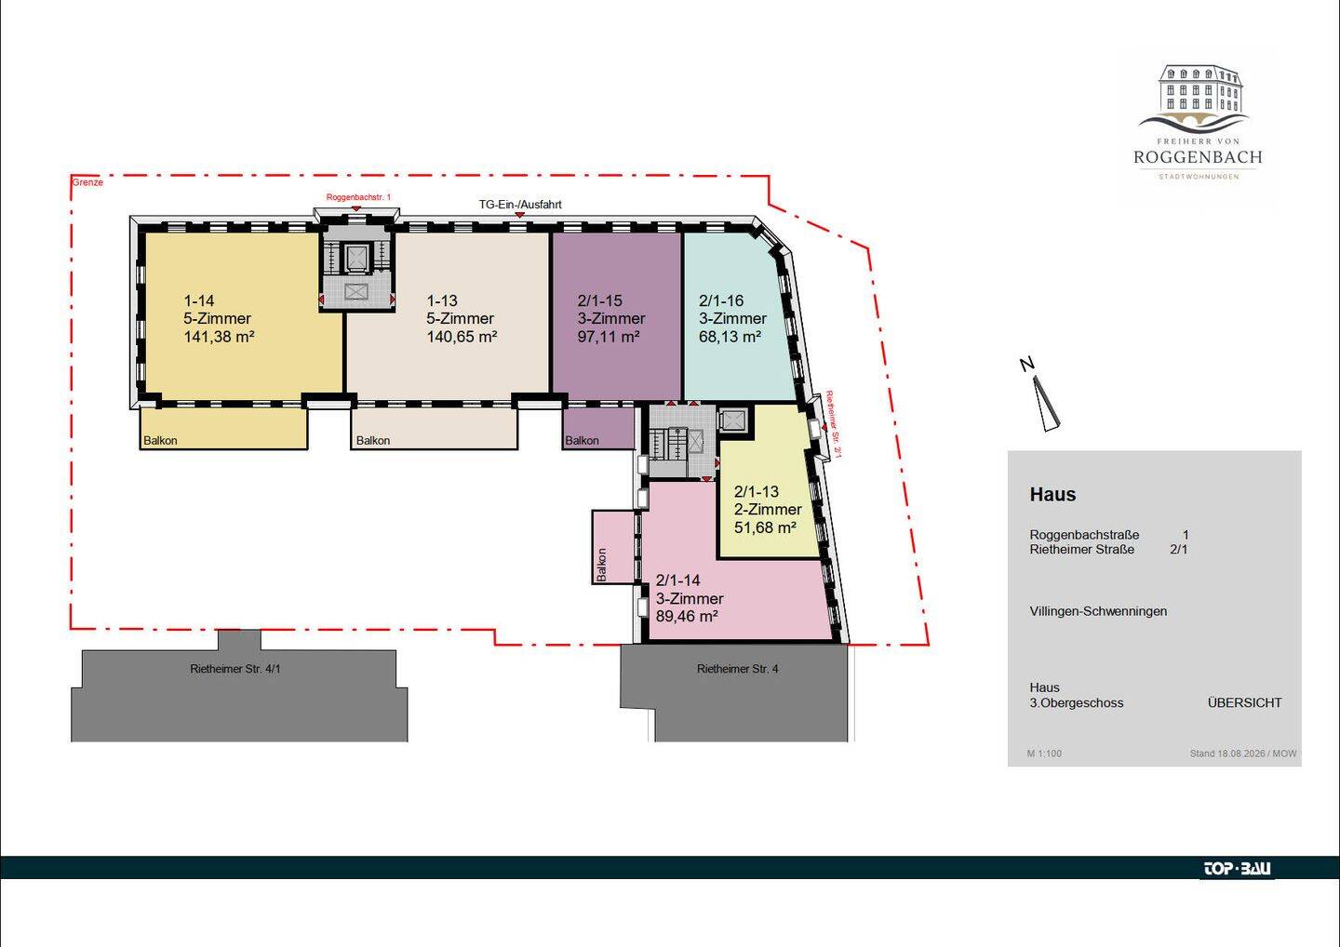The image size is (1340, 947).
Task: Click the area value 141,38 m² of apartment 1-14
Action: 219,337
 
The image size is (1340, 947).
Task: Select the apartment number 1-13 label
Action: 442,300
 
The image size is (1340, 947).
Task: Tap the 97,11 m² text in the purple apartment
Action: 609,337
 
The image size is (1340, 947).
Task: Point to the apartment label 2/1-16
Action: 721,300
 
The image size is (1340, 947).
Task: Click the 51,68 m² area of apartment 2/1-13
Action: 765,527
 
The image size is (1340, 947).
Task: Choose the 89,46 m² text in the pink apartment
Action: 687,616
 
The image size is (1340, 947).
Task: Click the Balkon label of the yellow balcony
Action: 160,441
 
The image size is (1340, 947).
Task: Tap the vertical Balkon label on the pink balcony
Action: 602,565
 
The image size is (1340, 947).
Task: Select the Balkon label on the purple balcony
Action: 583,441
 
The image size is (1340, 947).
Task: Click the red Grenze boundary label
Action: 87,182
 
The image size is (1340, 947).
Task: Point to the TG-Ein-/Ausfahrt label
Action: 520,205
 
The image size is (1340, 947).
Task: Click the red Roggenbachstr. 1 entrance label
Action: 358,197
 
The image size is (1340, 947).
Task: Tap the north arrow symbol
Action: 1047,405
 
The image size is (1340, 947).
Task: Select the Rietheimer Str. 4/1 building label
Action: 235,669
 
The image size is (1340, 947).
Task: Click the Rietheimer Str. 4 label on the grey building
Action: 738,669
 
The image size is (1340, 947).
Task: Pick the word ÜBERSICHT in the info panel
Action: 1244,703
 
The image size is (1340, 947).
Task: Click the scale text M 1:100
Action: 1044,754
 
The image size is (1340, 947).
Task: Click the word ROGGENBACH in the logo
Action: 1198,157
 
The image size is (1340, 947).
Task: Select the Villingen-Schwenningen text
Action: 1098,611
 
